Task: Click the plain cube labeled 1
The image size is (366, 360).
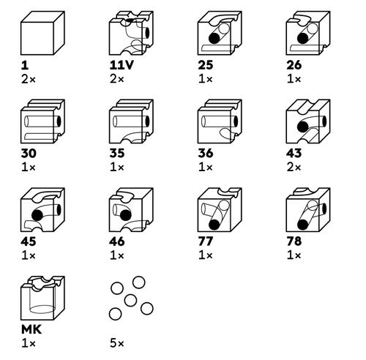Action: point(42,33)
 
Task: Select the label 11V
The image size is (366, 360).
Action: point(122,65)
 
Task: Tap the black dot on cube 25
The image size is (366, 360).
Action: point(214,38)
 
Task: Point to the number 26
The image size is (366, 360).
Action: point(294,65)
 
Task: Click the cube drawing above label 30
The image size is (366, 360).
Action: point(42,121)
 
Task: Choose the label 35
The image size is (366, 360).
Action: point(117,153)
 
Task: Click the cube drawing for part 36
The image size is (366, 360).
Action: point(220,121)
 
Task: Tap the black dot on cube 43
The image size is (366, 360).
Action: point(303,127)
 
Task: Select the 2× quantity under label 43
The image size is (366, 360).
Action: point(294,168)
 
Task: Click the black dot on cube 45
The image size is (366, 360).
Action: point(37,215)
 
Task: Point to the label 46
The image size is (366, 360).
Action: point(117,241)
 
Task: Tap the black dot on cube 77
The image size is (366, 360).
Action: point(214,225)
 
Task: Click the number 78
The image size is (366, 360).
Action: point(294,241)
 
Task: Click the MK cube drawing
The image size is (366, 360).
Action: point(42,298)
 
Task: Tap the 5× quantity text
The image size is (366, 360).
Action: point(117,343)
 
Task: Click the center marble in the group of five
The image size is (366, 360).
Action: point(130,300)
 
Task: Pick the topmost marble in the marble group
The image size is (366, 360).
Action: point(139,282)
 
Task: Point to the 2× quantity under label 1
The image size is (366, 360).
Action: point(29,79)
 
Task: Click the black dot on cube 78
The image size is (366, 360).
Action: point(303,225)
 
